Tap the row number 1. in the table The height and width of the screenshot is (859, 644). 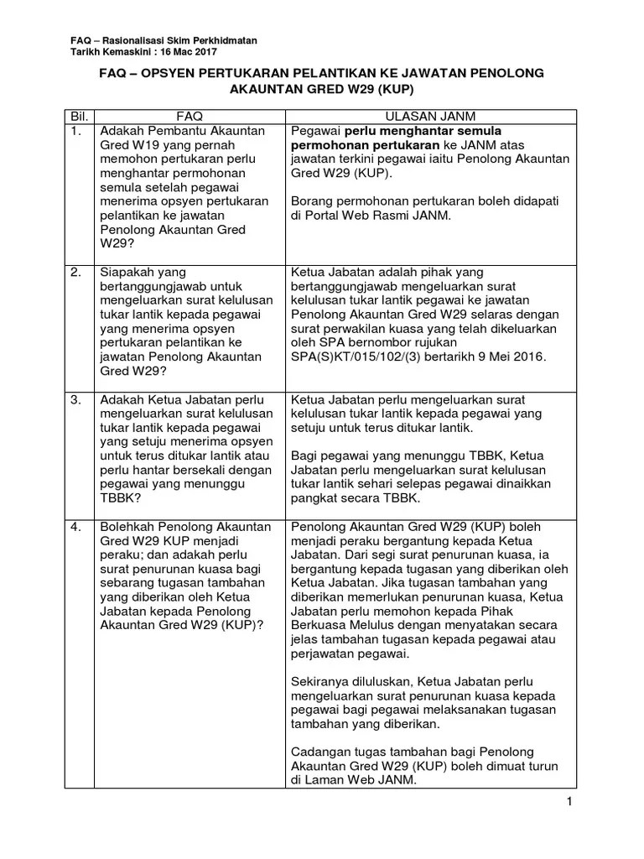click(x=76, y=131)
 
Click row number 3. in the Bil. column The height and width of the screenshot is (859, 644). click(x=76, y=399)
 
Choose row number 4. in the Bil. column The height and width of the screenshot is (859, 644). click(x=76, y=527)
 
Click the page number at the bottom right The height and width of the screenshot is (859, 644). click(x=569, y=803)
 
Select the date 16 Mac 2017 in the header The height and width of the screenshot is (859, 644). click(x=188, y=52)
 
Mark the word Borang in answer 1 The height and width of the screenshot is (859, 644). click(x=313, y=202)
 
